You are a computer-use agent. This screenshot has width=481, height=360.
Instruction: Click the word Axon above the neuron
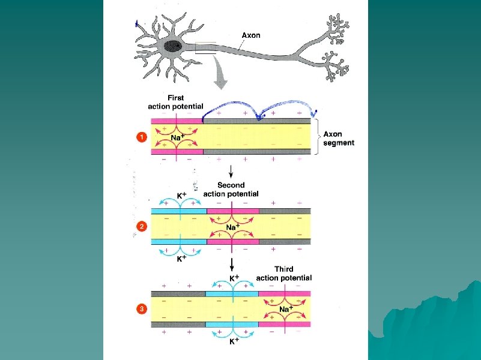coord(251,35)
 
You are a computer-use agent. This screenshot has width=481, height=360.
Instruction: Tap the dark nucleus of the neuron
coord(175,46)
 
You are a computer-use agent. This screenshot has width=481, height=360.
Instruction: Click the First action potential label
coord(175,102)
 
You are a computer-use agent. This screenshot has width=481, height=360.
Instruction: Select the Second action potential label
coord(231,190)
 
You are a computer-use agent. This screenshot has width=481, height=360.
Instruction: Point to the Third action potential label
coord(283,274)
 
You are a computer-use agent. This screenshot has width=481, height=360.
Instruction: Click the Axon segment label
coord(339,139)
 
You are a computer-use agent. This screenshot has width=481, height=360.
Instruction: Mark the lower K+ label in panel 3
coord(234,341)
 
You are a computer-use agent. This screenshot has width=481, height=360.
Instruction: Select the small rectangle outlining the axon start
coord(205,47)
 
